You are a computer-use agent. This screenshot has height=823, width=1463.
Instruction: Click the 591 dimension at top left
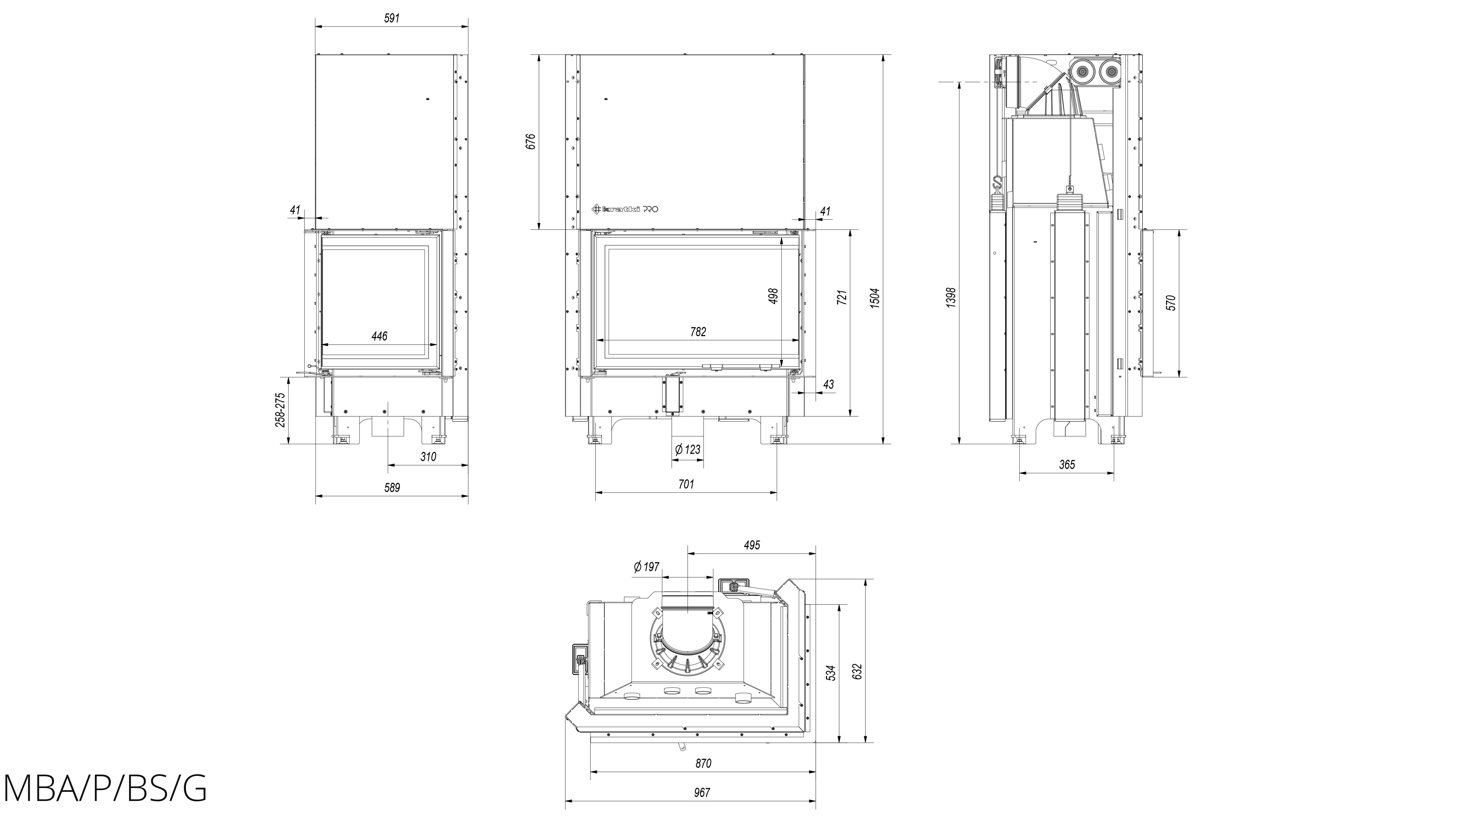(392, 18)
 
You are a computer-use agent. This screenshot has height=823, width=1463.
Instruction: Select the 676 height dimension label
(530, 141)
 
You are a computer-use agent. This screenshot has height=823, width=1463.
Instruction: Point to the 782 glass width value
(698, 332)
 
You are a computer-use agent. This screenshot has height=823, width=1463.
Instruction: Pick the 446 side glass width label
(379, 336)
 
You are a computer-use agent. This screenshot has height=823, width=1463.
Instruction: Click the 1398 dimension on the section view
(951, 297)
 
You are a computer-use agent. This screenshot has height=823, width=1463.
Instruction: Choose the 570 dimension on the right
(1171, 303)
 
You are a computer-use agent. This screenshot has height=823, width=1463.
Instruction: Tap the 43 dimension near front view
(829, 385)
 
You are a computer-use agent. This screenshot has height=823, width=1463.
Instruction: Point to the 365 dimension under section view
(1067, 465)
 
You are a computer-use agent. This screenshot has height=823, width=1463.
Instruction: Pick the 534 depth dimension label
(831, 673)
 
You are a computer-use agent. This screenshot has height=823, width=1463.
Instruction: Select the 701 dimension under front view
(686, 485)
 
